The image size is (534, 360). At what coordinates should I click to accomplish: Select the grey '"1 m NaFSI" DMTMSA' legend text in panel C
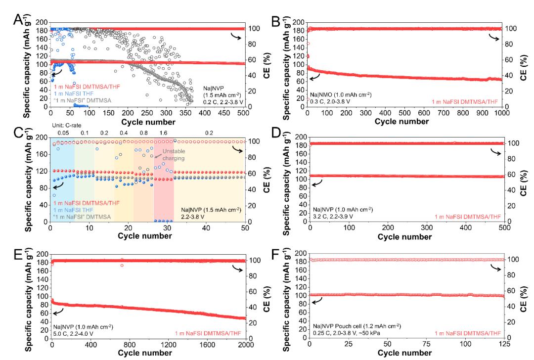coord(82,216)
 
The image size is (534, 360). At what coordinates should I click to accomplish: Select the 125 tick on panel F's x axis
coord(501,344)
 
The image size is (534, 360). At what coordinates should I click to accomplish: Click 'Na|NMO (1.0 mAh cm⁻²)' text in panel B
coord(339,94)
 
